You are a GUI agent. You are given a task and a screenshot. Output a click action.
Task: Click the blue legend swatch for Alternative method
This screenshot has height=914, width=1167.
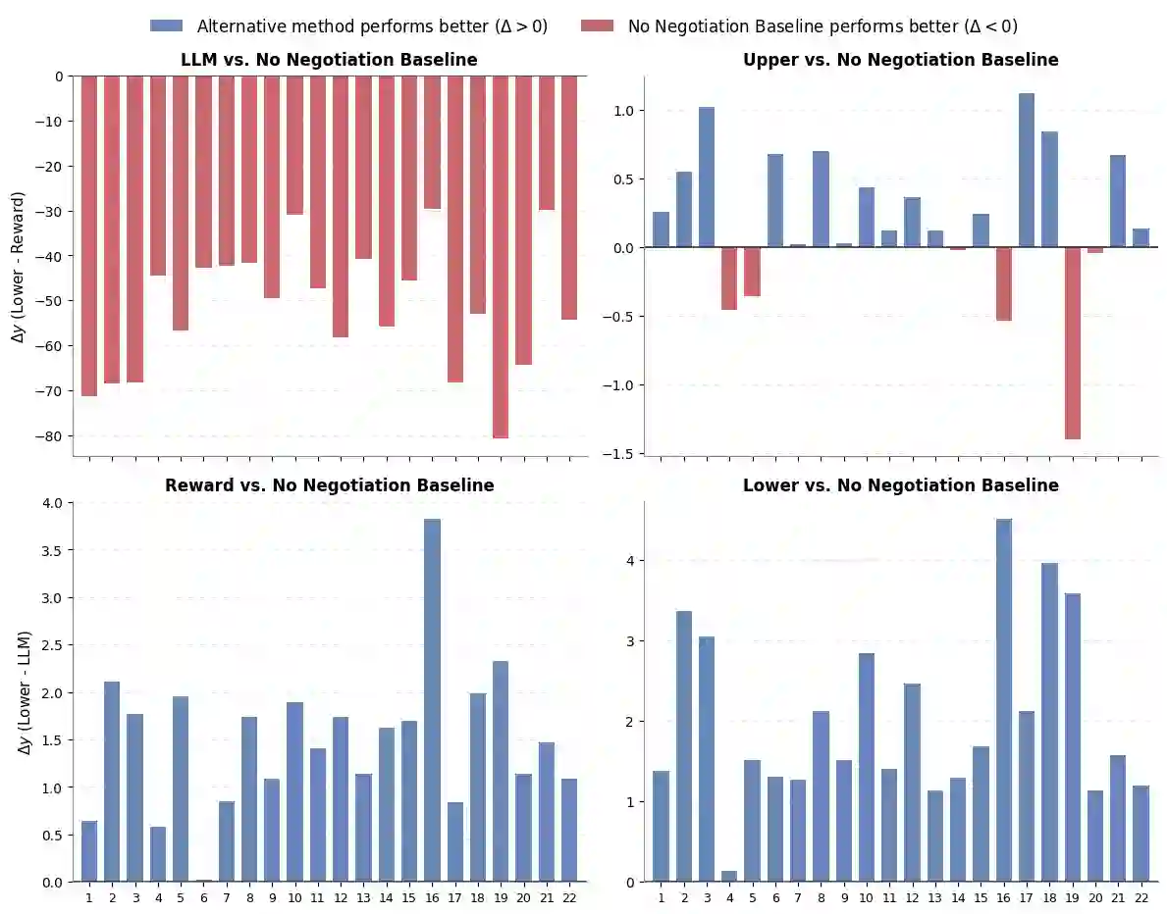166,26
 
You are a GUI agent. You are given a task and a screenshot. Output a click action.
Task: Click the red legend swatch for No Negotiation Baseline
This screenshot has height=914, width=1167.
597,26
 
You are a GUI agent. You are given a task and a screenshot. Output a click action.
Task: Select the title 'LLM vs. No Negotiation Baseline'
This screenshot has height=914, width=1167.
329,60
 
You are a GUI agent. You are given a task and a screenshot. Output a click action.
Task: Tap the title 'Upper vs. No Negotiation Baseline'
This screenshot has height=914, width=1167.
900,60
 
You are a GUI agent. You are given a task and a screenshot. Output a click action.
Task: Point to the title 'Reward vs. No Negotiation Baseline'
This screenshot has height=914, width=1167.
329,485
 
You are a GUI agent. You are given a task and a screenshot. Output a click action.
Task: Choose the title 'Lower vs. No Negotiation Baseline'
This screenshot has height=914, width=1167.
900,485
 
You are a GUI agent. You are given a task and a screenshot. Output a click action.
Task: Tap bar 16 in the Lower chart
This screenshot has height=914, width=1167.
1003,700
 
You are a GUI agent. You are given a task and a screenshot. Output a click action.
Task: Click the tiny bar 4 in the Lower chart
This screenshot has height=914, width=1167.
728,876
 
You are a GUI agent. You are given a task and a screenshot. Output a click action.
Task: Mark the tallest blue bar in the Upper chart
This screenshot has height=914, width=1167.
1026,171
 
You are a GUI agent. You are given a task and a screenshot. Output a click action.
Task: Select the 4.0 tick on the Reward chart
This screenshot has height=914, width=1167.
50,503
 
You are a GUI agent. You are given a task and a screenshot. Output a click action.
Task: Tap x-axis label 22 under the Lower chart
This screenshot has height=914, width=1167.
1140,897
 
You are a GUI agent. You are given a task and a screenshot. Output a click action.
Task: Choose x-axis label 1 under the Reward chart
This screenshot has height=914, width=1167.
89,897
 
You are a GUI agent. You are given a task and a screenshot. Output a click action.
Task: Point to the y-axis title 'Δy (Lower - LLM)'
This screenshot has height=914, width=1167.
24,691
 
